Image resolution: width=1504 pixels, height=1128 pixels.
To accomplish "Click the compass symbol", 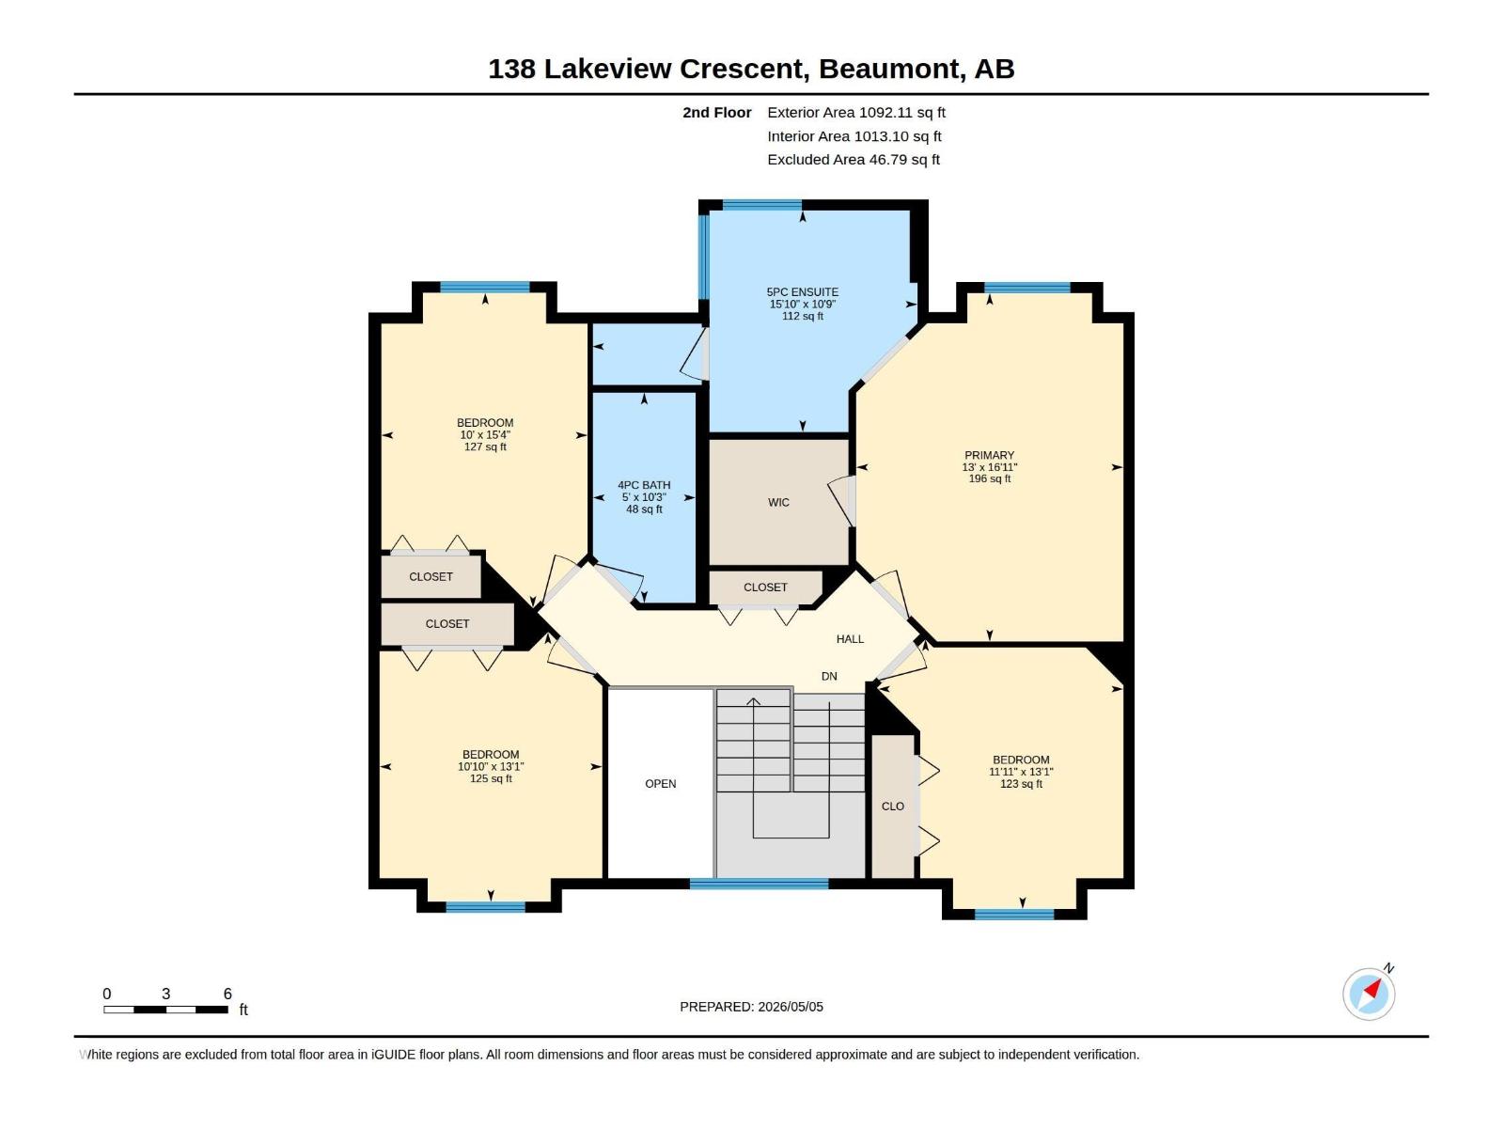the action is [1369, 994].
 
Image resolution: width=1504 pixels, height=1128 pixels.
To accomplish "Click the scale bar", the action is [165, 1009].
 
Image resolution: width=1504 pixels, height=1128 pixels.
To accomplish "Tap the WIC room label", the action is [778, 503].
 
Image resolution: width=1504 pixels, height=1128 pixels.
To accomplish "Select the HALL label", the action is [850, 639].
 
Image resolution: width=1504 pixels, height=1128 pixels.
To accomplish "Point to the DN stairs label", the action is [829, 676].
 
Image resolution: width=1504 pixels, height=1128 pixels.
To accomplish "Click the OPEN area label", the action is [661, 784].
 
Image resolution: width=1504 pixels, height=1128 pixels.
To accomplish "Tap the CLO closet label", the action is [893, 807].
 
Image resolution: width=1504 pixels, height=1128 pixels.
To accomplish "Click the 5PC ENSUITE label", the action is [803, 291].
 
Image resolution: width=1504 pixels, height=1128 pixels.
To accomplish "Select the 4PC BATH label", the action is [644, 485].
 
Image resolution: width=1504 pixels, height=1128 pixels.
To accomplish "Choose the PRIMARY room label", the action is [990, 455].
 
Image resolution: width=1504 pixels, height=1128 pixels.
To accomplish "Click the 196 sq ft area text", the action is [990, 478].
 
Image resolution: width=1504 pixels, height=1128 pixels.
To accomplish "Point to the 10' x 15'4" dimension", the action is [485, 435].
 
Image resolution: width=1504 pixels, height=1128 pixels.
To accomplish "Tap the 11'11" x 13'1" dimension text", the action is [1021, 771].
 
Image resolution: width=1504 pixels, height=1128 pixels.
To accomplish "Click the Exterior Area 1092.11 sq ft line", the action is [856, 112].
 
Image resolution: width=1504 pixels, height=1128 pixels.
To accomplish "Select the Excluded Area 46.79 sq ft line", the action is [854, 160].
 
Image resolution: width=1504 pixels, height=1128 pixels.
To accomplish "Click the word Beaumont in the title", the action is [888, 69].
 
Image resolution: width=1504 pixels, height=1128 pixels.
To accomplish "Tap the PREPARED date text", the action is [752, 1007].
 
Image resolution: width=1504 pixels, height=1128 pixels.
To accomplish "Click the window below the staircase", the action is [760, 884].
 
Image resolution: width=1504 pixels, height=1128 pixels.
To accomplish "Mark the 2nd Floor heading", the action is [716, 112].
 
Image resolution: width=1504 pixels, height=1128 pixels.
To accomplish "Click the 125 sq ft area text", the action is [491, 778].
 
